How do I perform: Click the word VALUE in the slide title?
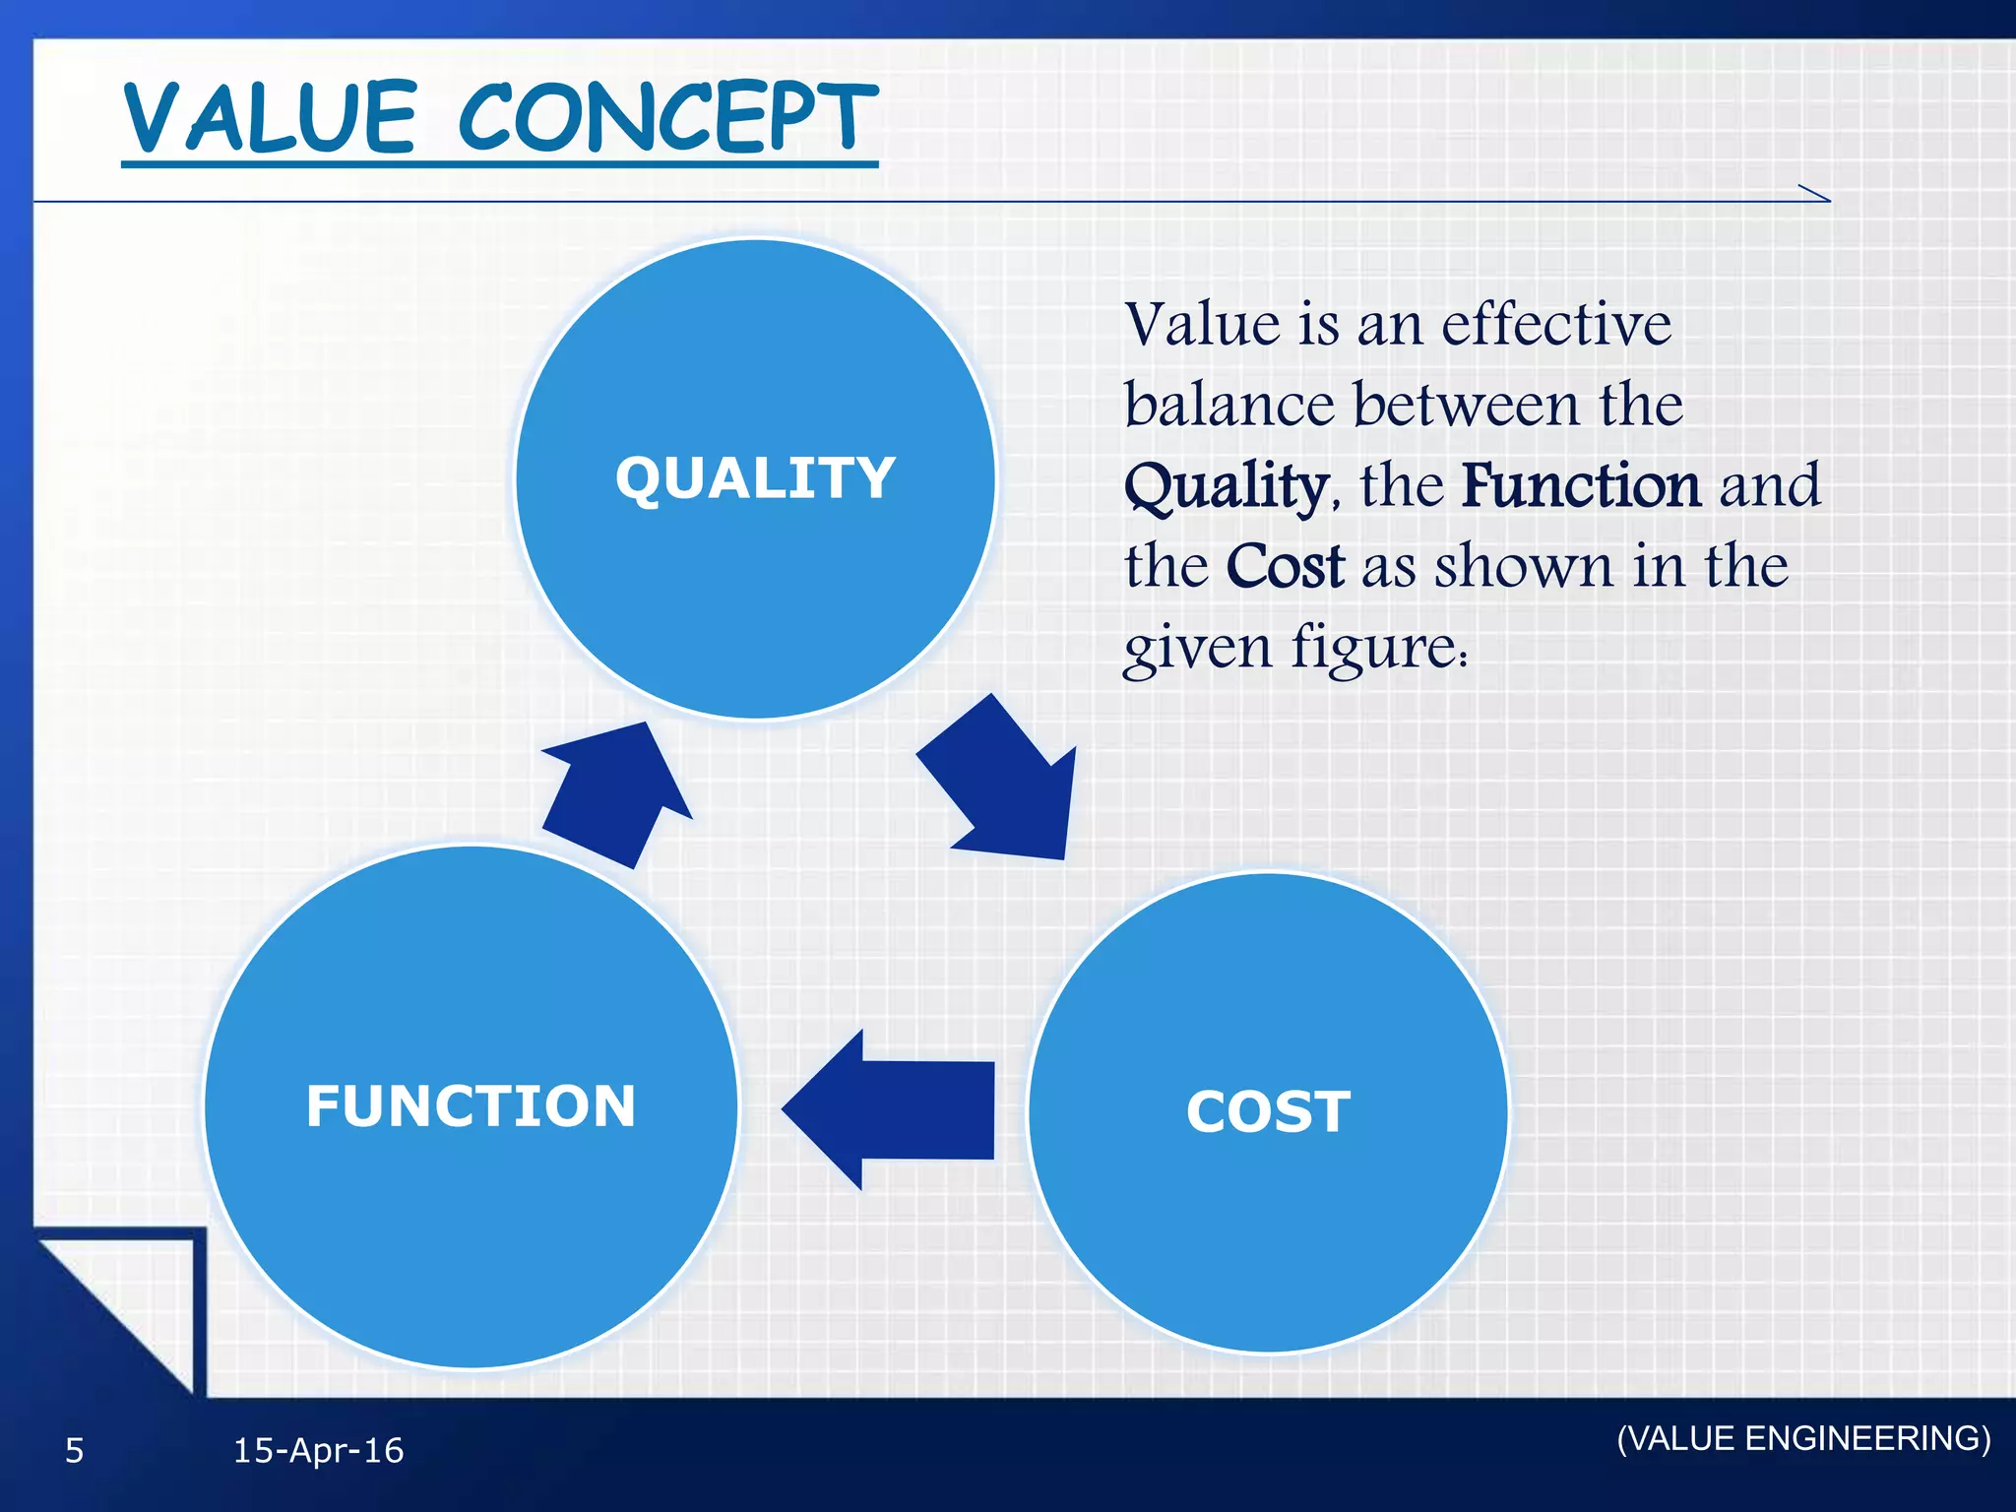(x=272, y=118)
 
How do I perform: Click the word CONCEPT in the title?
(x=666, y=118)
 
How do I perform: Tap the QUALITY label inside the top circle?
(x=755, y=478)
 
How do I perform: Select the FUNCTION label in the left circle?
(x=471, y=1105)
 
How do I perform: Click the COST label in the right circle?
(x=1268, y=1111)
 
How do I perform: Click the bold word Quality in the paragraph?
(x=1226, y=486)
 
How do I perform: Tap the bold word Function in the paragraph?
(x=1581, y=486)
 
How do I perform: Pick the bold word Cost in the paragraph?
(x=1285, y=567)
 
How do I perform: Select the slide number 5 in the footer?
(x=75, y=1451)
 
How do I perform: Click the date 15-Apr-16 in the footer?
(x=318, y=1451)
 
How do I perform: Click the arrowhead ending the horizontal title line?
(x=1816, y=194)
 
